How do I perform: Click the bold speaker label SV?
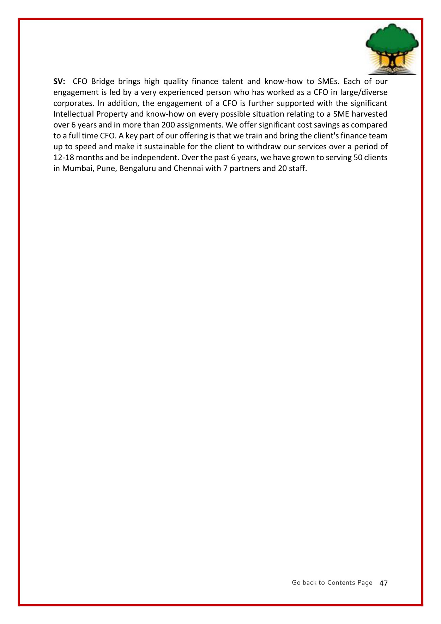coord(59,82)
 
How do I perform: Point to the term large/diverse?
coord(367,92)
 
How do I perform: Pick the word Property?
coord(112,114)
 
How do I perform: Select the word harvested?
coord(369,114)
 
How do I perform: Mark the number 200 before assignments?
coord(168,125)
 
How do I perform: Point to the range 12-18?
coord(64,158)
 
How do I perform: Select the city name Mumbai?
coord(75,169)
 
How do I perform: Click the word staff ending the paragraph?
coord(297,169)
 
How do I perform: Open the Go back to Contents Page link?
coord(332,582)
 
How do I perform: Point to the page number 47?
coord(383,583)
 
